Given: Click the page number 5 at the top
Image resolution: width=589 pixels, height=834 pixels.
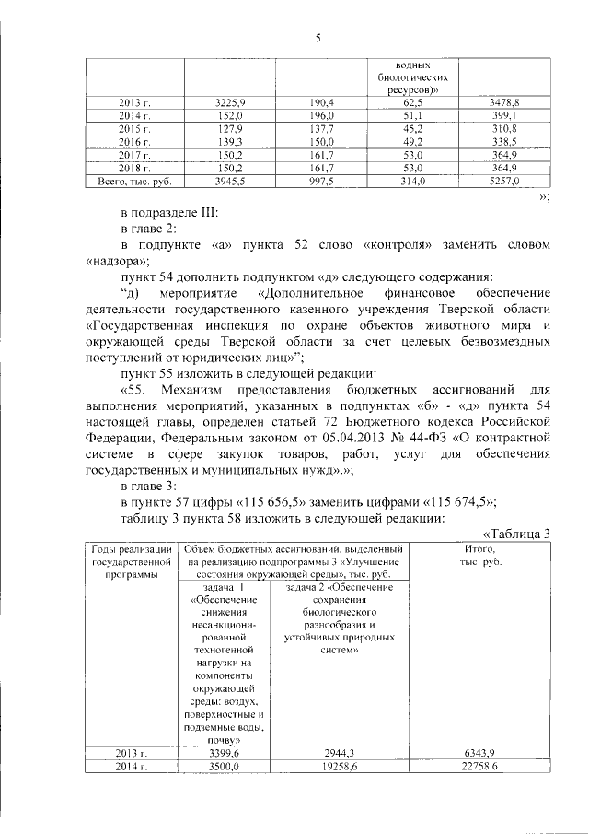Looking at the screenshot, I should [318, 38].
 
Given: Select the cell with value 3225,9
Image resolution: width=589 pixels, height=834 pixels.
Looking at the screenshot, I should [230, 102].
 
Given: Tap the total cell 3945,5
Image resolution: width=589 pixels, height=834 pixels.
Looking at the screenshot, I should [230, 182].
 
